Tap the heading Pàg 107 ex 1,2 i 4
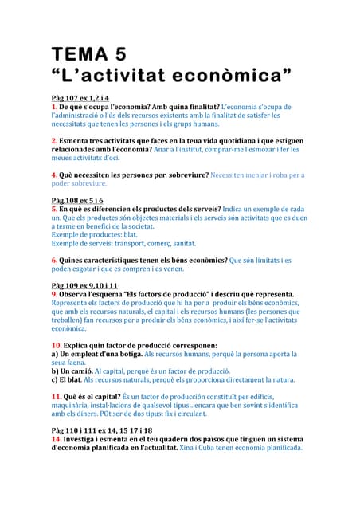[x=80, y=97]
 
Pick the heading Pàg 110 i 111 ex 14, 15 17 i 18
[x=102, y=430]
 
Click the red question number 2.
[x=54, y=139]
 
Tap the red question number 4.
[x=54, y=174]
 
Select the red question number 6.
[x=54, y=260]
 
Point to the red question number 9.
[x=54, y=294]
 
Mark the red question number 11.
[x=57, y=396]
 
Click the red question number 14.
[x=57, y=439]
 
